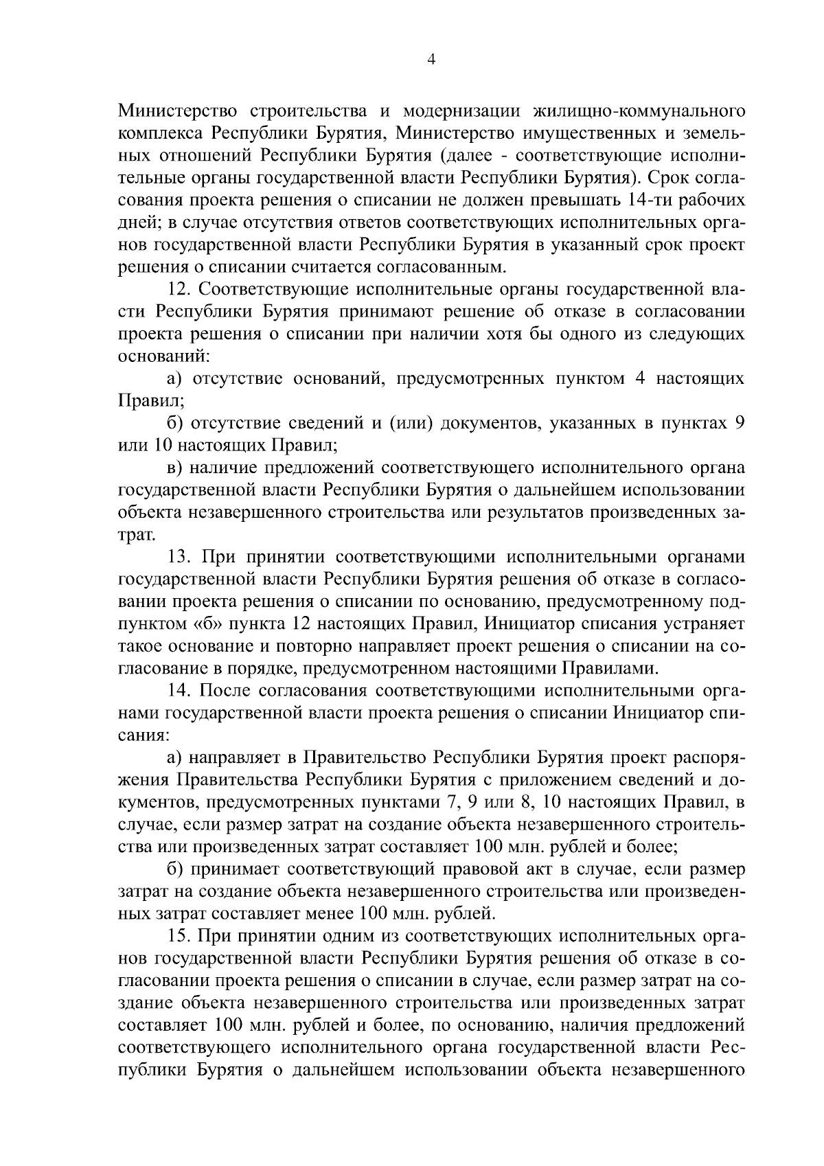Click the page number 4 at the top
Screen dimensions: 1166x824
(431, 60)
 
